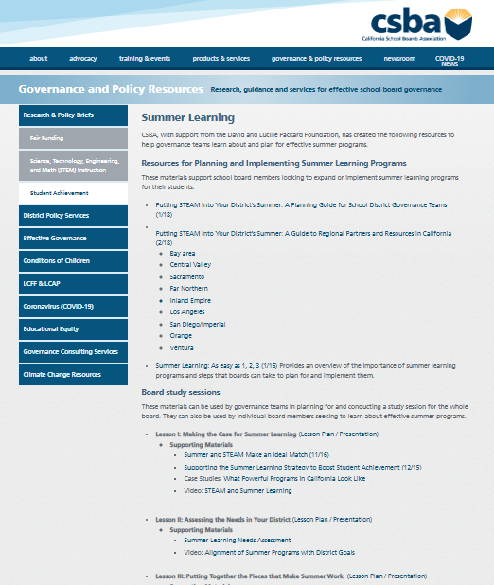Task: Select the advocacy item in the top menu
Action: (x=82, y=59)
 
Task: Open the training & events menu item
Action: (x=145, y=59)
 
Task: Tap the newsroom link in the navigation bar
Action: (x=399, y=59)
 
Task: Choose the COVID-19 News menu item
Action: (x=450, y=61)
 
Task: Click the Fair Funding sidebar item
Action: (x=46, y=138)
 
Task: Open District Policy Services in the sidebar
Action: (x=56, y=215)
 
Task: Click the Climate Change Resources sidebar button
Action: (x=62, y=374)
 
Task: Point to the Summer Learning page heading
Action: (x=187, y=117)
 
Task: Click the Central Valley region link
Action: (x=190, y=265)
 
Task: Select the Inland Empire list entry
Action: (x=190, y=300)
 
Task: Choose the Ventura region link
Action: (x=182, y=347)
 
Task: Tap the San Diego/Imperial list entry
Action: (x=198, y=324)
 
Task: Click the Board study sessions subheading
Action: (x=181, y=391)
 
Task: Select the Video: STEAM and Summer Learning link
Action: (x=238, y=490)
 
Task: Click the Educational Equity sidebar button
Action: (x=52, y=328)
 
